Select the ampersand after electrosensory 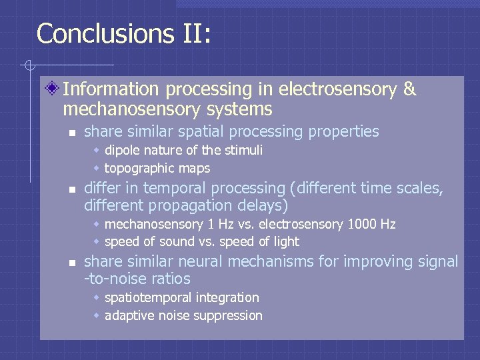409,89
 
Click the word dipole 123,150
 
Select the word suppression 231,315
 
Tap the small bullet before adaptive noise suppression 97,315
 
